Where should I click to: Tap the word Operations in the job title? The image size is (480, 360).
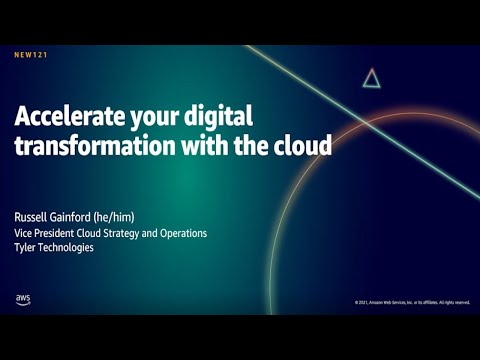(x=182, y=233)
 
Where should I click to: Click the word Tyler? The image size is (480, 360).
(x=25, y=247)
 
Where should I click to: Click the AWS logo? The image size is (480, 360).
(x=23, y=299)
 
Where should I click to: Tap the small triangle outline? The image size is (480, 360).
(x=371, y=78)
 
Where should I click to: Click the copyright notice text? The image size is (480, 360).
(x=411, y=302)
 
